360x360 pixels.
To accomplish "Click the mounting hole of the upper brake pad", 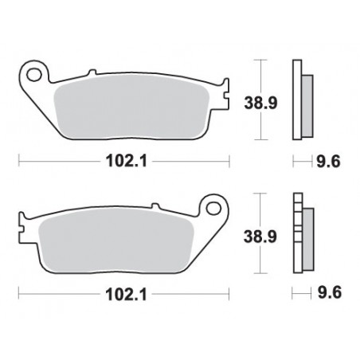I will pyautogui.click(x=33, y=75).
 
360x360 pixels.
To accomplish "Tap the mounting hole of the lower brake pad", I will pyautogui.click(x=213, y=209).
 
